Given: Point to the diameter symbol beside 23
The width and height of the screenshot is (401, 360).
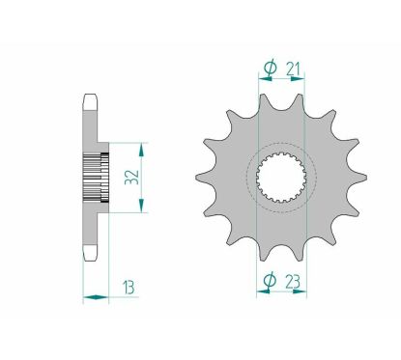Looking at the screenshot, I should tap(271, 283).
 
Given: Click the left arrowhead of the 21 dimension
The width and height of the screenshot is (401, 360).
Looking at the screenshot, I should tap(262, 78).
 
